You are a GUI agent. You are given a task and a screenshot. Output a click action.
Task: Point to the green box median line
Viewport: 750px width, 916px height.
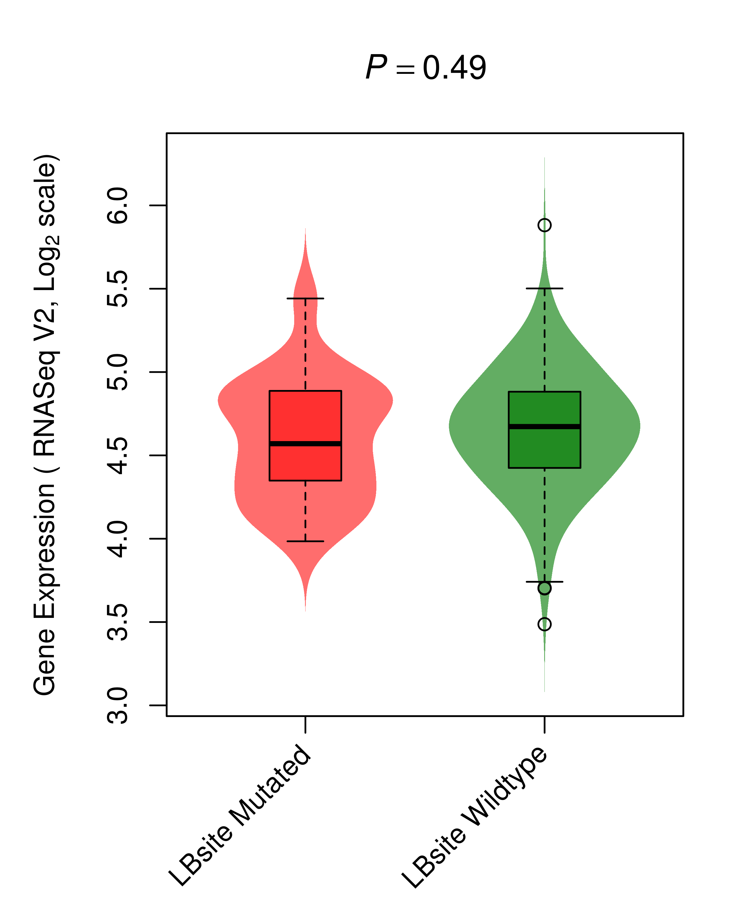(544, 426)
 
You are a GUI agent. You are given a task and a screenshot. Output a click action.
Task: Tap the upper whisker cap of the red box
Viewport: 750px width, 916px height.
(306, 298)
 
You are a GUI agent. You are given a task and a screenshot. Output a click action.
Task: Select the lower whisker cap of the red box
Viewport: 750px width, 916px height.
(306, 541)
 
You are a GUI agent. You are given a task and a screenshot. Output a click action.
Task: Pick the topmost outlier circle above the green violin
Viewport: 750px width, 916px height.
(544, 225)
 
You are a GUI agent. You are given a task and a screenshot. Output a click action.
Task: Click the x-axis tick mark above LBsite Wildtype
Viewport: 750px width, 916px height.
(544, 724)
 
